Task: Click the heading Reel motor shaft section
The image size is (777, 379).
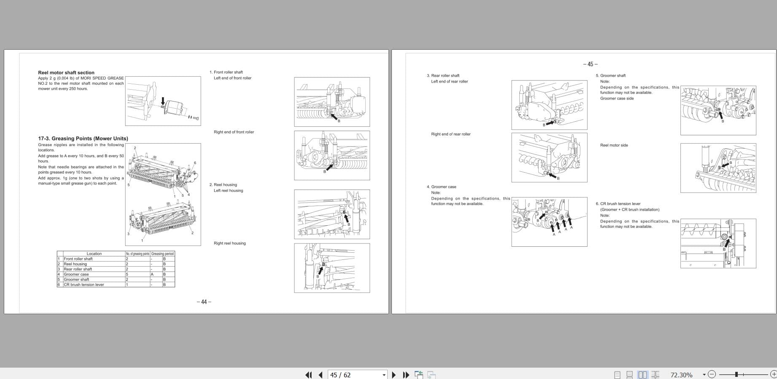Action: click(x=66, y=72)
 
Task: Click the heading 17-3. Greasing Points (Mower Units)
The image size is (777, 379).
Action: click(x=83, y=138)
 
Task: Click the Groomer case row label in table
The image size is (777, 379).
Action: click(x=76, y=274)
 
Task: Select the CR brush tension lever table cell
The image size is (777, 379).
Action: click(x=84, y=285)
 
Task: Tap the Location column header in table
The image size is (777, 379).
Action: click(x=94, y=254)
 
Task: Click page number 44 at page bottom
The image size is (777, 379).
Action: click(x=204, y=302)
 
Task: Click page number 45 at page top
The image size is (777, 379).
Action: click(x=590, y=64)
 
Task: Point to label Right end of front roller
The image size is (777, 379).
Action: click(x=234, y=132)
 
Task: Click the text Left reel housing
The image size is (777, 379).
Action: click(x=228, y=190)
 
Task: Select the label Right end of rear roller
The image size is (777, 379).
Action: click(x=451, y=134)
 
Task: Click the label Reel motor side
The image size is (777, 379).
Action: click(x=614, y=145)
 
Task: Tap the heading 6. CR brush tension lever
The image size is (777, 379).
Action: click(x=618, y=203)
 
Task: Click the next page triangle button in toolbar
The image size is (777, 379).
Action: click(x=394, y=375)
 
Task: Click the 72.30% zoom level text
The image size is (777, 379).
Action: click(x=681, y=375)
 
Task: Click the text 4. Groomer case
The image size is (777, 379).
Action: click(x=441, y=187)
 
